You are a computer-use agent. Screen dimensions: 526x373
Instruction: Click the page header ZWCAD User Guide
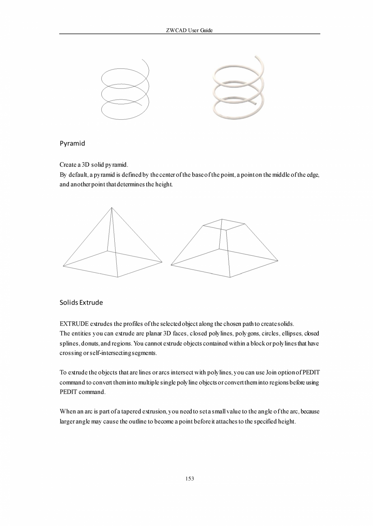tap(189, 30)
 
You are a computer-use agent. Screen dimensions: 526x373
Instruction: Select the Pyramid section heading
tap(72, 144)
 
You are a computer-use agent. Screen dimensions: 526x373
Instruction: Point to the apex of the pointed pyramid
tap(111, 208)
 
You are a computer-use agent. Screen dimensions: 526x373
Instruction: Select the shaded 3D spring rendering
tap(238, 89)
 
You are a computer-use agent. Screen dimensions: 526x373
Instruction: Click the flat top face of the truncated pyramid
tap(224, 225)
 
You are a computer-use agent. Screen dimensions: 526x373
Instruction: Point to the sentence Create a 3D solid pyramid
tap(94, 165)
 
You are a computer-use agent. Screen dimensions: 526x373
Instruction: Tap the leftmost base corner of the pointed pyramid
tap(63, 266)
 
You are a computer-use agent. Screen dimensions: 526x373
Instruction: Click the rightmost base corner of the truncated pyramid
tap(278, 261)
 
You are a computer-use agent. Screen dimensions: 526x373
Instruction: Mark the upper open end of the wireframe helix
tap(142, 59)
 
